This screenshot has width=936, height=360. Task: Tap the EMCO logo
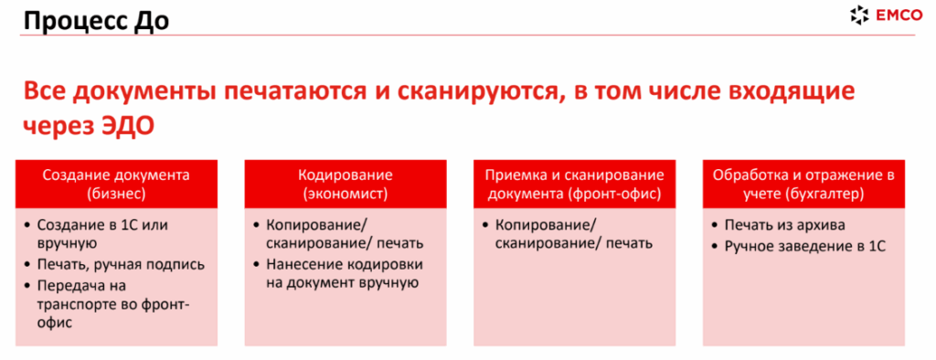(886, 16)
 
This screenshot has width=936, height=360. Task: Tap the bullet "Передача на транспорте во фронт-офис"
(107, 304)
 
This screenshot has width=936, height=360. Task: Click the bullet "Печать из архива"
(779, 226)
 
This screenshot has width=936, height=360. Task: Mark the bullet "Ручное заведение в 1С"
(799, 246)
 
